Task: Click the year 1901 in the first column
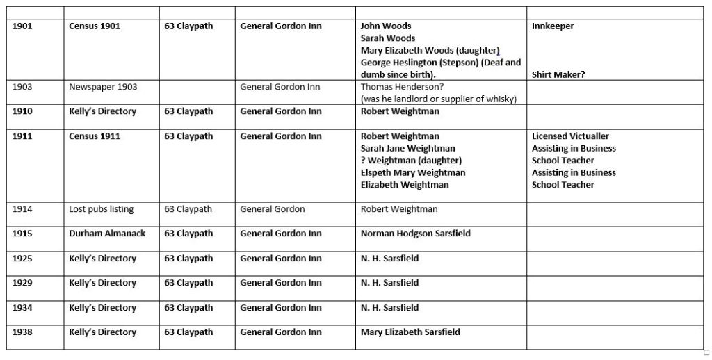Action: pos(22,26)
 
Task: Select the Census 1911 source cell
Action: pos(95,136)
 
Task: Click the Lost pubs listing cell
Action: pos(102,209)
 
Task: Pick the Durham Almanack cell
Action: pos(107,234)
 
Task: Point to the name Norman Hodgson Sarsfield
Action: pos(415,234)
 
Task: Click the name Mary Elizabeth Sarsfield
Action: pos(410,332)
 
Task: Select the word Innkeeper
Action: pos(553,26)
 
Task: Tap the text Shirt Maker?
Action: pos(558,75)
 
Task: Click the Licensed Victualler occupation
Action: pos(570,136)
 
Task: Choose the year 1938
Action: pos(22,332)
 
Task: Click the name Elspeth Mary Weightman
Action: pos(413,172)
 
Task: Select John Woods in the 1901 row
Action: pos(386,26)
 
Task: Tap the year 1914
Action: pos(22,209)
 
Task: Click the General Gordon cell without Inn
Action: pos(273,209)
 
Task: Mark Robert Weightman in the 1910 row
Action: pos(400,111)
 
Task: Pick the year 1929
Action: pos(22,283)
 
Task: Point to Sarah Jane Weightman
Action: pos(408,148)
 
